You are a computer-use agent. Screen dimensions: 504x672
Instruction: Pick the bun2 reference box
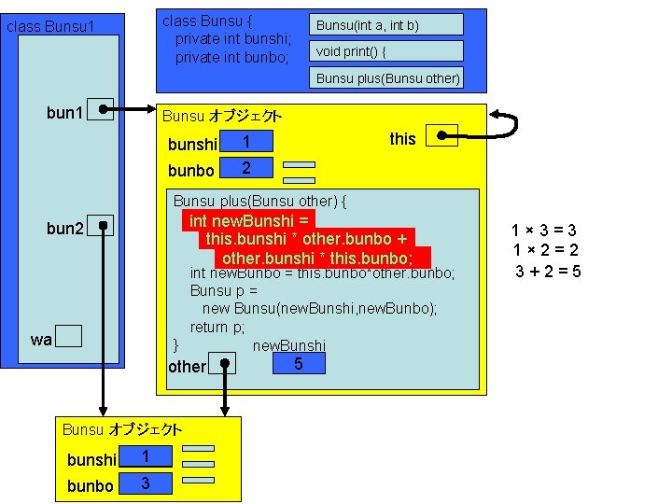(x=100, y=227)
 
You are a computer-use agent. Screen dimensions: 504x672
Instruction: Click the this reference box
(x=441, y=137)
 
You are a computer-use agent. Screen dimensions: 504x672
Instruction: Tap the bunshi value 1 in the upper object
(x=245, y=142)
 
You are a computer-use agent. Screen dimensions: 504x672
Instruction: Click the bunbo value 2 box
(x=245, y=168)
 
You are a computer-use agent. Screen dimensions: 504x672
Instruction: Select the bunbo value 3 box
(x=145, y=483)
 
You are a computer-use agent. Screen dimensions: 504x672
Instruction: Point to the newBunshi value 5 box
(x=298, y=362)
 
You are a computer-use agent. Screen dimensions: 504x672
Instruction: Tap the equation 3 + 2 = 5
(x=549, y=272)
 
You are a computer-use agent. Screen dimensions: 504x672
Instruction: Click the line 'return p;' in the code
(x=217, y=327)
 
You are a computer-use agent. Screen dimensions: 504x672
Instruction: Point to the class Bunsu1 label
(x=51, y=26)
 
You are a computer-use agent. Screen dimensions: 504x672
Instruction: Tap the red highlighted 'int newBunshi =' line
(x=248, y=221)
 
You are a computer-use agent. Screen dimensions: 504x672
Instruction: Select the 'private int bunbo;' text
(x=233, y=57)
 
